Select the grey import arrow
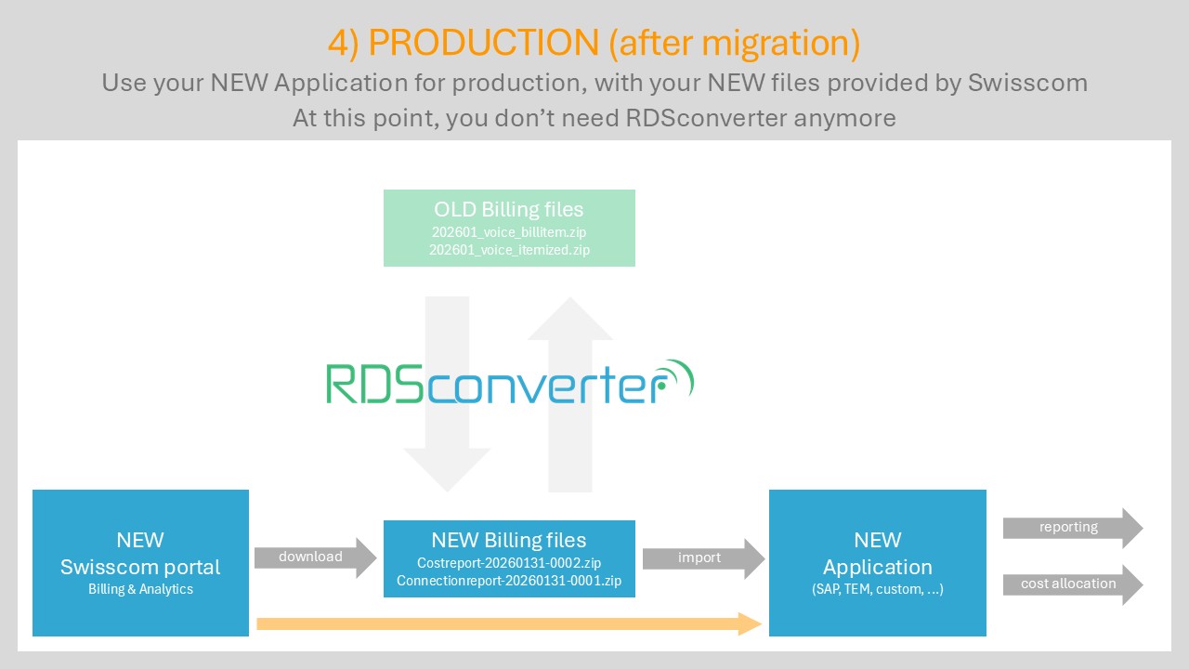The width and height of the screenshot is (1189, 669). click(x=702, y=557)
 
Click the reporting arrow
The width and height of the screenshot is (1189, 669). click(x=1071, y=528)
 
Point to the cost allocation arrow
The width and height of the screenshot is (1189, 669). click(x=1071, y=584)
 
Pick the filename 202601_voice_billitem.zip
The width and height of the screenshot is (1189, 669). click(x=509, y=231)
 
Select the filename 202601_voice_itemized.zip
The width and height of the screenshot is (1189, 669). click(x=509, y=249)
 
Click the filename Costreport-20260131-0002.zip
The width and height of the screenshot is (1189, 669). click(x=509, y=563)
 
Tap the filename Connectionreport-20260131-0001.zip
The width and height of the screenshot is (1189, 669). click(x=509, y=582)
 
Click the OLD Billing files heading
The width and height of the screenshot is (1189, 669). click(x=509, y=209)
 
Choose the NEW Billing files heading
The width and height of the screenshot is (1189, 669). click(x=509, y=540)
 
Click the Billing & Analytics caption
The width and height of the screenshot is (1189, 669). click(x=140, y=589)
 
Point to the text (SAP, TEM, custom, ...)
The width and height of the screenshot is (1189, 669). click(x=878, y=589)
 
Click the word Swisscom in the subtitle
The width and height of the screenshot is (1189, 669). click(x=1027, y=83)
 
